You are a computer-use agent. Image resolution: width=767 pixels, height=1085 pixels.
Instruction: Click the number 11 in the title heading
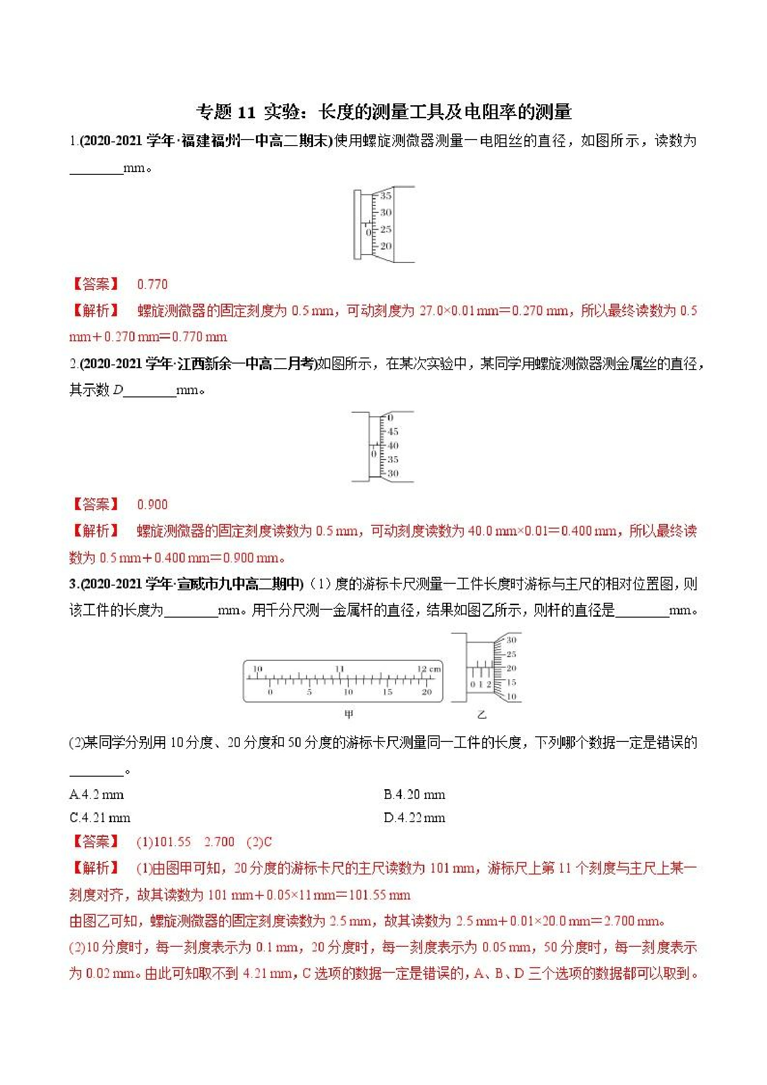[x=246, y=113]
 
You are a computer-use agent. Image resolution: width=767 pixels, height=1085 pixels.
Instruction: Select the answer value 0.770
[x=152, y=285]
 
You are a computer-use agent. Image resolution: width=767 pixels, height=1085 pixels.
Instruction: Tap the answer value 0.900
[x=152, y=504]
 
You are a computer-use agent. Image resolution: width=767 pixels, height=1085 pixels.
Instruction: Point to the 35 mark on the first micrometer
[x=386, y=196]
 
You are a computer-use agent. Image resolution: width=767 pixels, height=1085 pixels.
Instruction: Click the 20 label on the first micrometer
[x=386, y=246]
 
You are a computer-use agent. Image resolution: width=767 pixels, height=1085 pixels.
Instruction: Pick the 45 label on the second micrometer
[x=393, y=431]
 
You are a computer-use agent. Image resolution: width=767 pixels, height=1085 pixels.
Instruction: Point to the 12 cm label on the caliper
[x=428, y=669]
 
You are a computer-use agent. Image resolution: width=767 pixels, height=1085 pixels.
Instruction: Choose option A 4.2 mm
[x=96, y=795]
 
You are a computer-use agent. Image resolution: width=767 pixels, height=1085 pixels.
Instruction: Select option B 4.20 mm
[x=415, y=795]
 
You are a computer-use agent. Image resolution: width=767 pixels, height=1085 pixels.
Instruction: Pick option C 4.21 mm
[x=100, y=818]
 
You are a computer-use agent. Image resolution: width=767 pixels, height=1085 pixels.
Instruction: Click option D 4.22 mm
[x=415, y=818]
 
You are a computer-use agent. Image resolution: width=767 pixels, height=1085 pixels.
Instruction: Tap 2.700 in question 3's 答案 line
[x=219, y=842]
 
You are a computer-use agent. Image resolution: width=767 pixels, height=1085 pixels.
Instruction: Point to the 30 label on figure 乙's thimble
[x=511, y=640]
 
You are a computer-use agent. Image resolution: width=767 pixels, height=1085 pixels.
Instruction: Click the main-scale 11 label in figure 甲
[x=339, y=669]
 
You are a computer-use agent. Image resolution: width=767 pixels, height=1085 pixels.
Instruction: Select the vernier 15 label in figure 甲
[x=387, y=692]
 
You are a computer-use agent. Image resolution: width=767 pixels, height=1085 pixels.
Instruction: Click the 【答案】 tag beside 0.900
[x=95, y=504]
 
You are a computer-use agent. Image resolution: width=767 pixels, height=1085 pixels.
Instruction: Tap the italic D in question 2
[x=118, y=390]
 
